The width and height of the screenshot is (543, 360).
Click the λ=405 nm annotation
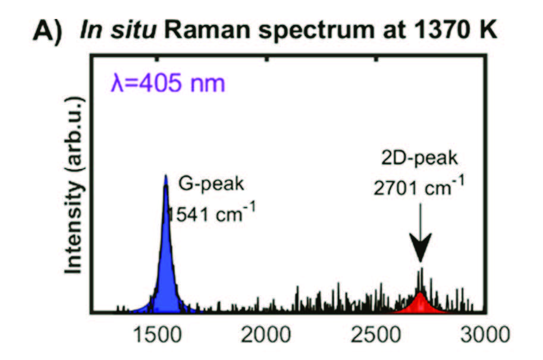point(167,83)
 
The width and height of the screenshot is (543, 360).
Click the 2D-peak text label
point(419,160)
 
